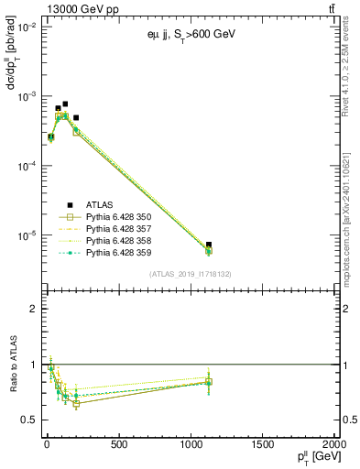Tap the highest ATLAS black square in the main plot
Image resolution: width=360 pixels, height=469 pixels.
[x=65, y=104]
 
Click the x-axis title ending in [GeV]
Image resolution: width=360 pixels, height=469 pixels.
[x=312, y=458]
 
